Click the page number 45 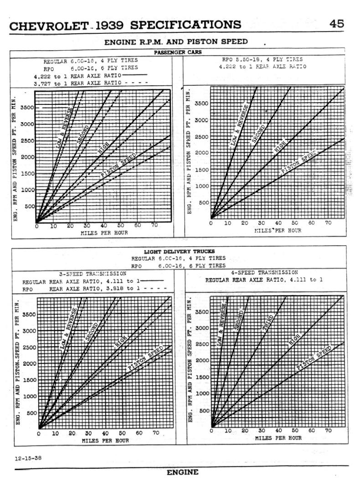337,24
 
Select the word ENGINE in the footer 182,472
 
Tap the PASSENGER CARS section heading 178,52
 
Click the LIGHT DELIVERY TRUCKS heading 180,251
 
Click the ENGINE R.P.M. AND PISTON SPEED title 176,42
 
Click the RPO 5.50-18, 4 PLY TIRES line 262,60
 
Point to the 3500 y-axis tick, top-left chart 26,108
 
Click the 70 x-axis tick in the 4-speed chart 328,430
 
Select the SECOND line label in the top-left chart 82,133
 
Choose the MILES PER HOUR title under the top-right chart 278,230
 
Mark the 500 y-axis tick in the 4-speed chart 204,410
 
